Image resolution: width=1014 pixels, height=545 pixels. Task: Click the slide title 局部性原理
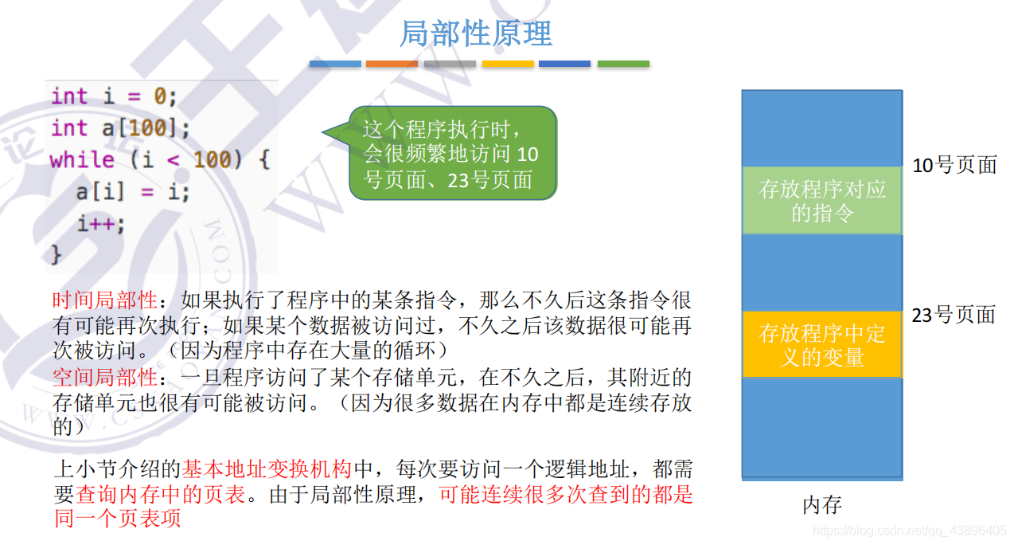click(475, 33)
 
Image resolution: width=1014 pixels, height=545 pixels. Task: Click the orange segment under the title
click(392, 64)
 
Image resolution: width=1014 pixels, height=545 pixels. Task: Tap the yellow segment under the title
click(508, 64)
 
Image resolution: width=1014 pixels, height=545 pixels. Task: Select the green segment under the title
click(623, 64)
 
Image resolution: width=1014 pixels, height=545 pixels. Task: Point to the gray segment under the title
click(450, 64)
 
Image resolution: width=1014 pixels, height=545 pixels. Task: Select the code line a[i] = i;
click(132, 192)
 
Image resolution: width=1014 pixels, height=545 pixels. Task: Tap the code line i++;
click(101, 224)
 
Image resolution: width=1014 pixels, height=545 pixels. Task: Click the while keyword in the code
click(82, 160)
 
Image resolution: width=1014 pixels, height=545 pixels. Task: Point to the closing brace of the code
click(56, 254)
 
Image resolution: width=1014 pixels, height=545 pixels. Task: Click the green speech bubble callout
click(451, 153)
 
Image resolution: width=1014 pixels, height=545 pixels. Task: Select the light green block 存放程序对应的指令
click(822, 201)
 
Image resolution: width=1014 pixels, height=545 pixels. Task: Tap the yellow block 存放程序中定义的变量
click(822, 344)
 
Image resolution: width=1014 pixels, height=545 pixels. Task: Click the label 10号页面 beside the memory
click(954, 166)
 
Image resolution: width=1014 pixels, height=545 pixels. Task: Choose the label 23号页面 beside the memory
click(954, 315)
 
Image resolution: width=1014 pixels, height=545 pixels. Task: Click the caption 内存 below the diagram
click(822, 505)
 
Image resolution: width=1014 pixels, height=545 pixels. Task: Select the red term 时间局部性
click(104, 300)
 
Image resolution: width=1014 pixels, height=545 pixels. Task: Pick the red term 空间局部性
click(104, 377)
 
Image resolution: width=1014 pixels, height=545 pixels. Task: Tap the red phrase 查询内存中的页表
click(162, 494)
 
